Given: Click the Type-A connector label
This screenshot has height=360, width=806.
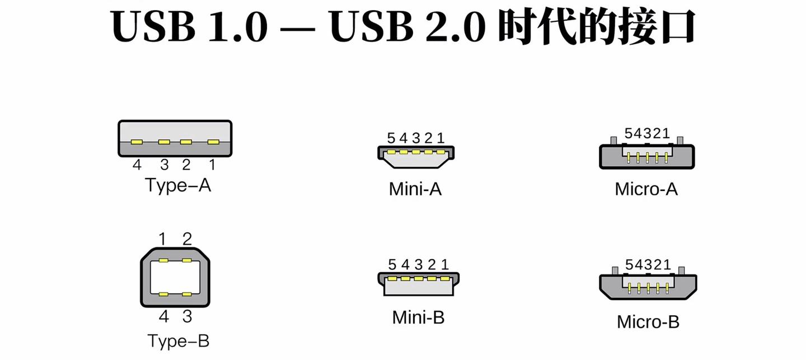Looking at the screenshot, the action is point(178,185).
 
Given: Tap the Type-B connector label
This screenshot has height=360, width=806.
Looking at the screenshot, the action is point(178,340).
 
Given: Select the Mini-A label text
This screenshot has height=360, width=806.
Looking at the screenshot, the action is point(415,189).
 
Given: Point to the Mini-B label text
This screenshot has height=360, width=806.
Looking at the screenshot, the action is point(418,317).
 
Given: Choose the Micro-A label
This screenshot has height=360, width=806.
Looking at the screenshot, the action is point(646,189).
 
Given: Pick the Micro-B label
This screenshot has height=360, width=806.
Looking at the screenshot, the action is point(648,322).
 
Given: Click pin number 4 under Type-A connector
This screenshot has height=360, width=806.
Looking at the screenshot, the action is point(137,165).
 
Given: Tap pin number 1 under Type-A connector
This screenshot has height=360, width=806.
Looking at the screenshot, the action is point(212,165).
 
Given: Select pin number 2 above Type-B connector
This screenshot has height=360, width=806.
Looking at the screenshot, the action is point(187,240).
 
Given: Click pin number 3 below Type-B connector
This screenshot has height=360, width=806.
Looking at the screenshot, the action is point(187,317).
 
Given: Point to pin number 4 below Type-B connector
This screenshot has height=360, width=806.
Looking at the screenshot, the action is point(163,317).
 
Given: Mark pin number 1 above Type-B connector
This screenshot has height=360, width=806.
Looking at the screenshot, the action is point(163,240).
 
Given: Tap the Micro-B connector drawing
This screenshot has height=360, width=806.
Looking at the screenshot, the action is point(648,286).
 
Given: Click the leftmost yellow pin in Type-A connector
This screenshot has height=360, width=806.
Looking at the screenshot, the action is point(137,142).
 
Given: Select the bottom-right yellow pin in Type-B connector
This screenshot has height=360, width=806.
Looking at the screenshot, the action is point(186,294).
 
